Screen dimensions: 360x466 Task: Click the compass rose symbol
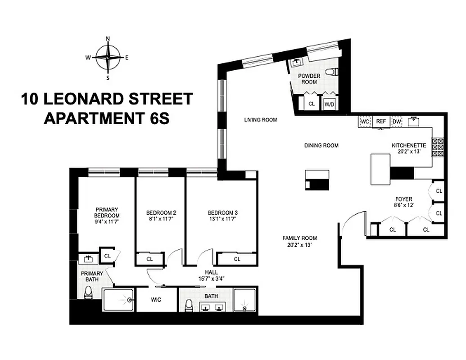tap(108, 57)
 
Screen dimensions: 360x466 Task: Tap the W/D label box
tap(330, 104)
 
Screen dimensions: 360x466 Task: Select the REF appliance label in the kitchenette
tap(381, 121)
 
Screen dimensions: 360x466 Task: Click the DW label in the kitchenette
tap(397, 121)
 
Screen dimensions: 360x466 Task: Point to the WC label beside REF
tap(365, 121)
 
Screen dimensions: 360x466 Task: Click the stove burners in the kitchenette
tap(438, 147)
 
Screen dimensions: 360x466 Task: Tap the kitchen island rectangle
tap(380, 169)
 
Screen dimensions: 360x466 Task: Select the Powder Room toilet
tap(332, 72)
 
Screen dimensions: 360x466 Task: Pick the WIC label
tap(156, 300)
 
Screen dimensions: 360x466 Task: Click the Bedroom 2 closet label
tap(149, 259)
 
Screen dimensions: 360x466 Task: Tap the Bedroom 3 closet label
tap(237, 259)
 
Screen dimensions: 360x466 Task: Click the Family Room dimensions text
tap(300, 245)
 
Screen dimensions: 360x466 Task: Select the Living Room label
tap(261, 120)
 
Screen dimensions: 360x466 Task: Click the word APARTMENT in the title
tap(93, 118)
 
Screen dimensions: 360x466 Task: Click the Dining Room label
tap(321, 145)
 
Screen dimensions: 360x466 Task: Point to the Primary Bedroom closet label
tap(107, 256)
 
